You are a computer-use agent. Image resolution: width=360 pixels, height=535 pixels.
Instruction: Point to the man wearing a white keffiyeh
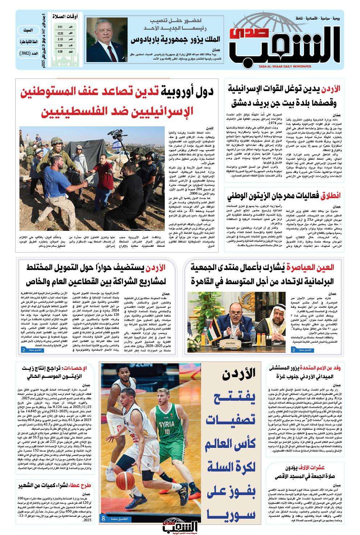[x=264, y=315]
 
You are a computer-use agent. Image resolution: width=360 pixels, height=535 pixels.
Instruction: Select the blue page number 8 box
[x=103, y=518]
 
